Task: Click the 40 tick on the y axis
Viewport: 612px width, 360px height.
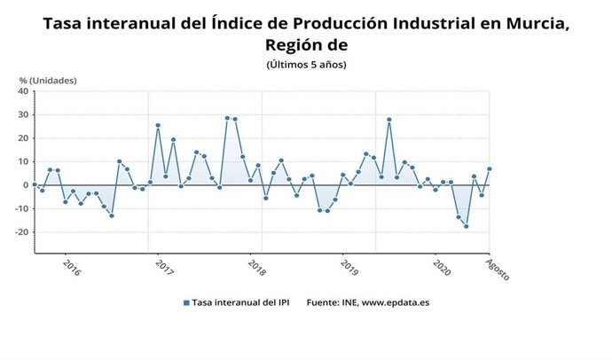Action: [24, 91]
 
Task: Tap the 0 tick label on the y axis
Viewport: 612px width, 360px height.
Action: [27, 185]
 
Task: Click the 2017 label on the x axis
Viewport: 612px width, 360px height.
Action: [164, 268]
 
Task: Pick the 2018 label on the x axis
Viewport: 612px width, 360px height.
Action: [257, 268]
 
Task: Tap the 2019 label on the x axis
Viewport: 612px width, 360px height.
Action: [349, 268]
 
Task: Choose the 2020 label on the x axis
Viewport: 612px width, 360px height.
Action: [442, 268]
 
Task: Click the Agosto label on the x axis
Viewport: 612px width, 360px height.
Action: [498, 268]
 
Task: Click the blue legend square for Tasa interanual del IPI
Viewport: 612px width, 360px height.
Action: [186, 302]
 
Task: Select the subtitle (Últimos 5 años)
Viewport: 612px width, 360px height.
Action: [306, 64]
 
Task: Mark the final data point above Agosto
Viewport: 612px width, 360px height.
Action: [489, 169]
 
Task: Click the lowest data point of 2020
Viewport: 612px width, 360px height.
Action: [466, 226]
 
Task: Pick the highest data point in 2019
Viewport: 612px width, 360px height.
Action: [388, 120]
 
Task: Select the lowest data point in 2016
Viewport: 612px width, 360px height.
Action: [112, 215]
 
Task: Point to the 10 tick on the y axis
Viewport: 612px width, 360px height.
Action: [24, 162]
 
